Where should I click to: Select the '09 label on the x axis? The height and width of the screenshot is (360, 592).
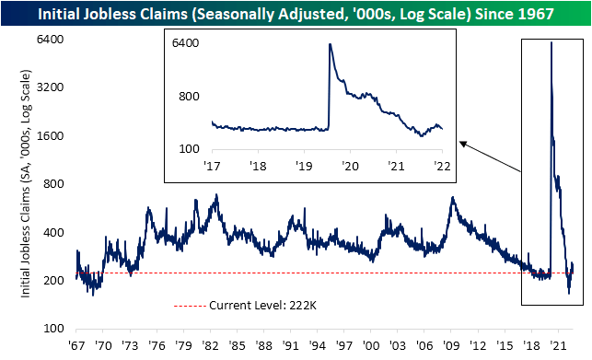[451, 345]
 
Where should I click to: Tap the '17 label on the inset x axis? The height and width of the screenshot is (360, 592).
[212, 167]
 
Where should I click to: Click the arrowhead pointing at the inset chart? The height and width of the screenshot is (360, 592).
[461, 143]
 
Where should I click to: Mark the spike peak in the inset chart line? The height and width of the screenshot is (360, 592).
[330, 44]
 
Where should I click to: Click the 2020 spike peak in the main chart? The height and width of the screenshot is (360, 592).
[551, 42]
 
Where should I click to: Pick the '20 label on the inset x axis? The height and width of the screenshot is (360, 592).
[350, 167]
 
